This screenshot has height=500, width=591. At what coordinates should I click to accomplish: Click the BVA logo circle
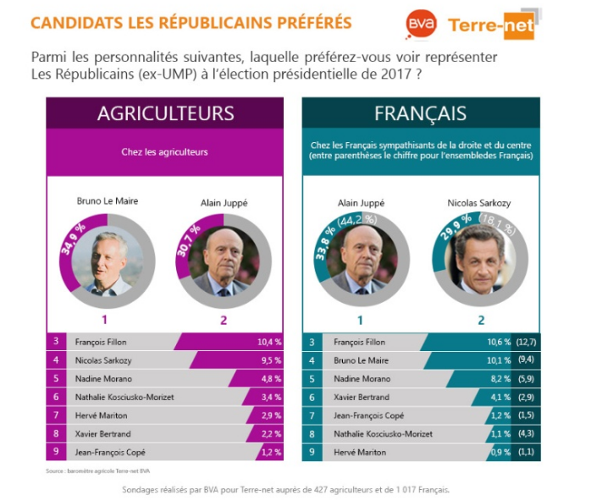pyautogui.click(x=420, y=24)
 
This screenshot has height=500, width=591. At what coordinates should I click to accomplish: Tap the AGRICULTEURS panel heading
pyautogui.click(x=165, y=113)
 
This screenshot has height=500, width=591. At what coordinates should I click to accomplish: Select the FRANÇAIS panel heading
pyautogui.click(x=421, y=113)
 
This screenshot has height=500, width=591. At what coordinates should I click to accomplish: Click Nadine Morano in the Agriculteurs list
pyautogui.click(x=103, y=379)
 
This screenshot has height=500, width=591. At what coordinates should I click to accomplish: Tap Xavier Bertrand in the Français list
pyautogui.click(x=361, y=397)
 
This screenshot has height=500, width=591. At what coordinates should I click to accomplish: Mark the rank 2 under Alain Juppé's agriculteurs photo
pyautogui.click(x=224, y=320)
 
